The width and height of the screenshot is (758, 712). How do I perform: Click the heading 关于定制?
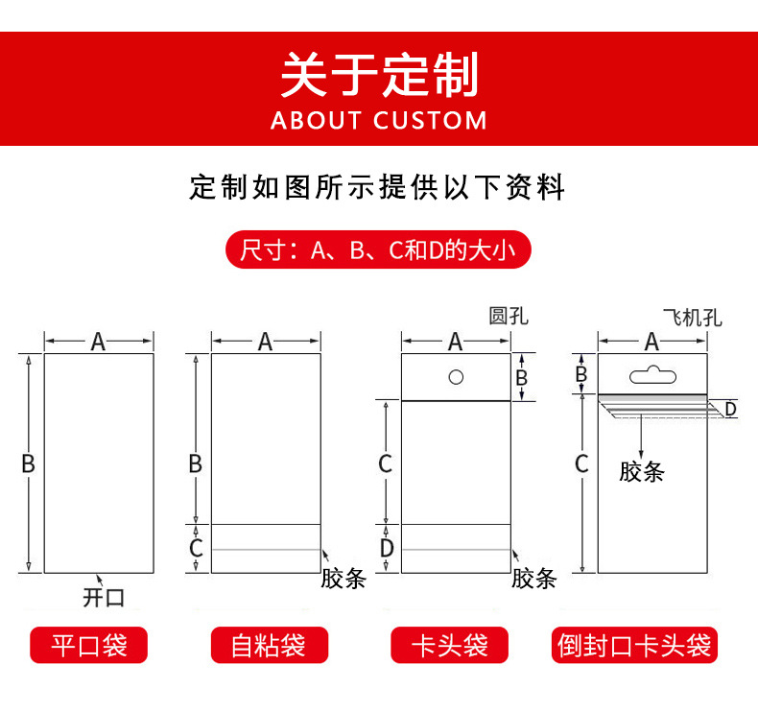tap(378, 75)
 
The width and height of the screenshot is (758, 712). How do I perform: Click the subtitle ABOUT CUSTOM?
tap(379, 121)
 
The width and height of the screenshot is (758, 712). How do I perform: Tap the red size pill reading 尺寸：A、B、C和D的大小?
tap(378, 251)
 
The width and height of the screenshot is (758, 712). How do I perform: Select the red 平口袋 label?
tap(89, 645)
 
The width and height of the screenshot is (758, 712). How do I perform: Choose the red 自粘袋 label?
tap(269, 645)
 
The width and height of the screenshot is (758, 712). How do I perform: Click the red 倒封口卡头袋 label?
tap(635, 645)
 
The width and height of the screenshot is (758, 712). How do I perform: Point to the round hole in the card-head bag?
tap(456, 376)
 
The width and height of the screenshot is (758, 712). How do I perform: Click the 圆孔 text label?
tap(509, 317)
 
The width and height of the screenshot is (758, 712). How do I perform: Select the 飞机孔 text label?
tap(692, 317)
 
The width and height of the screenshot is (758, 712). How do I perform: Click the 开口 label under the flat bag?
tap(104, 598)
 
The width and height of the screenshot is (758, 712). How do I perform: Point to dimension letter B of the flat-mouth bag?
tap(28, 463)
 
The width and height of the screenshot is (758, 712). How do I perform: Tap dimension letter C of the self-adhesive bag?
tap(196, 548)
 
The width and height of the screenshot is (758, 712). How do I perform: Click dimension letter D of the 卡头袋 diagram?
tap(386, 548)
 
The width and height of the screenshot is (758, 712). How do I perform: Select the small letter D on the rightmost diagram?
tap(730, 410)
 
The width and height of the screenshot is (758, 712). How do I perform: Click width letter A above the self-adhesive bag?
tap(266, 341)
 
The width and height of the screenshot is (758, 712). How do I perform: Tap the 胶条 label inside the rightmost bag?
tap(642, 471)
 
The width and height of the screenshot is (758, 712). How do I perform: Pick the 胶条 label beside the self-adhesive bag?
tap(343, 578)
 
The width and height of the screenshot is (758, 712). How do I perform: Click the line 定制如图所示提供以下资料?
tap(378, 187)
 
